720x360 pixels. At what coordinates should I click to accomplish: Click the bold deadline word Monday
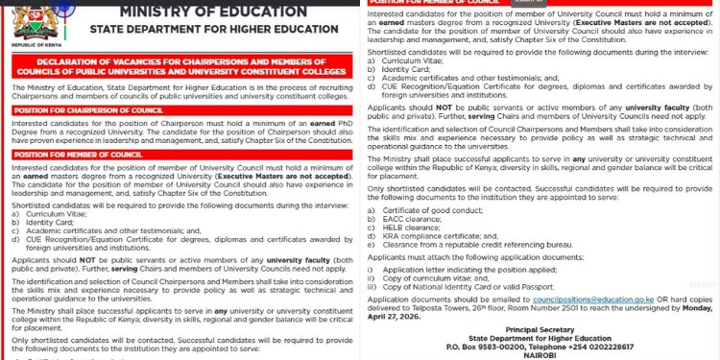696,308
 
